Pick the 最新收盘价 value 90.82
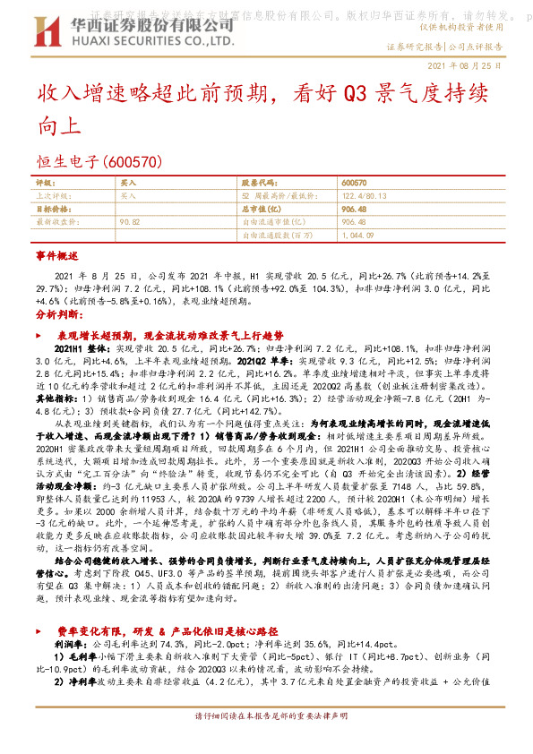(130, 219)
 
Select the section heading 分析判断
(57, 317)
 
